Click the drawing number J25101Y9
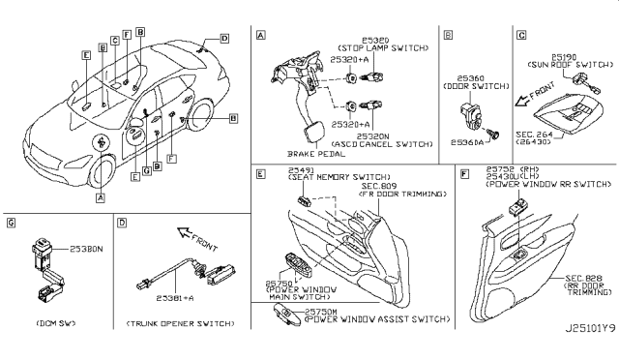click(583, 341)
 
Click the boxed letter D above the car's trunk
click(224, 39)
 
